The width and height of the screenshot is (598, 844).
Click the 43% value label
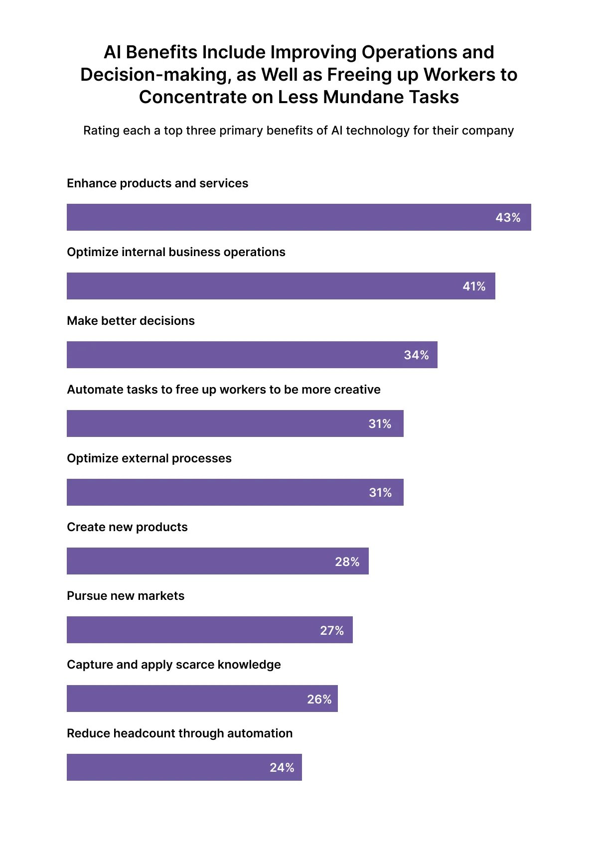pyautogui.click(x=508, y=218)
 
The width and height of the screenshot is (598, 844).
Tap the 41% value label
pyautogui.click(x=474, y=286)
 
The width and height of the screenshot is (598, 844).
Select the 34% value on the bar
pyautogui.click(x=416, y=355)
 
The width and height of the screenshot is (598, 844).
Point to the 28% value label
pyautogui.click(x=347, y=562)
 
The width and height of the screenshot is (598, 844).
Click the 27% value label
pyautogui.click(x=332, y=631)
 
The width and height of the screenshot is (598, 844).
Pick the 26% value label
pyautogui.click(x=319, y=700)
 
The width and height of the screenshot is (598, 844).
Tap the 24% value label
pyautogui.click(x=282, y=768)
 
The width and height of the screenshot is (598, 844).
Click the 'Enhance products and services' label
pyautogui.click(x=157, y=183)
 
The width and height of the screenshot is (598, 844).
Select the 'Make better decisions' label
pyautogui.click(x=131, y=321)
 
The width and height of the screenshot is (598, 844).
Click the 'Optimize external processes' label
pyautogui.click(x=149, y=458)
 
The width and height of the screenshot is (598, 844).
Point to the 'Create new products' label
pyautogui.click(x=127, y=527)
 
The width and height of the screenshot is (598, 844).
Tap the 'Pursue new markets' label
pyautogui.click(x=126, y=596)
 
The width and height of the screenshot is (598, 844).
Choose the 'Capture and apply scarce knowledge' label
pyautogui.click(x=173, y=665)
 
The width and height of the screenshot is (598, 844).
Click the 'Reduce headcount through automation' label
pyautogui.click(x=179, y=733)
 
